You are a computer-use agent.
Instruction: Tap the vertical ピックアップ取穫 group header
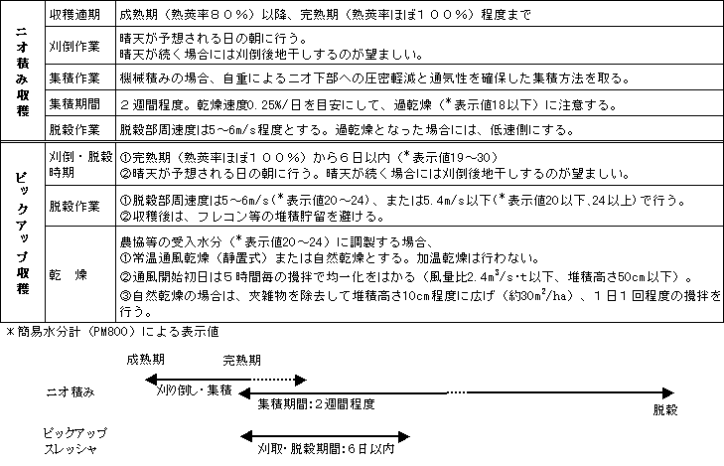23,233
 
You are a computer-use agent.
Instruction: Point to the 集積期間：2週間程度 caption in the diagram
317,404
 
